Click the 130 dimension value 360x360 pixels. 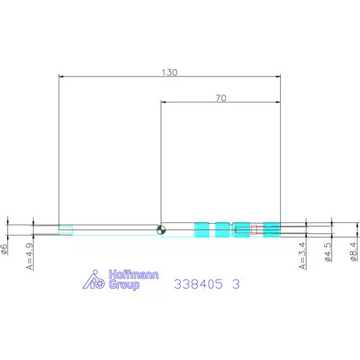tap(170, 72)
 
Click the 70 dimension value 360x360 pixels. tap(221, 98)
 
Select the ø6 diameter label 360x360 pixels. tap(4, 249)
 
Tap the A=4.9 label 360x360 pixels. tap(30, 257)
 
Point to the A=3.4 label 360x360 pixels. tap(302, 256)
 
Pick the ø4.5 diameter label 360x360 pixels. tap(328, 252)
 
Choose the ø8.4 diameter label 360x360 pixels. tap(354, 251)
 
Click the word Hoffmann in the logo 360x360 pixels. tap(134, 275)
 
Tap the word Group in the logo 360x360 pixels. tap(124, 285)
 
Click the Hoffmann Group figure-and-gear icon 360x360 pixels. tap(94, 279)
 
